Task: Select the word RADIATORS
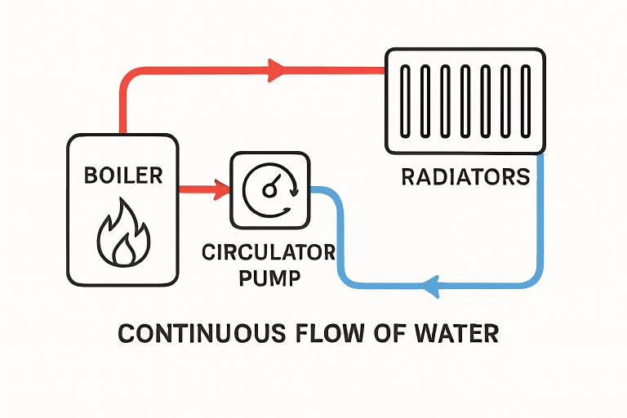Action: tap(465, 177)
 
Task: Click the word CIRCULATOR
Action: tap(268, 252)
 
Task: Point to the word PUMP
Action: tap(268, 277)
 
